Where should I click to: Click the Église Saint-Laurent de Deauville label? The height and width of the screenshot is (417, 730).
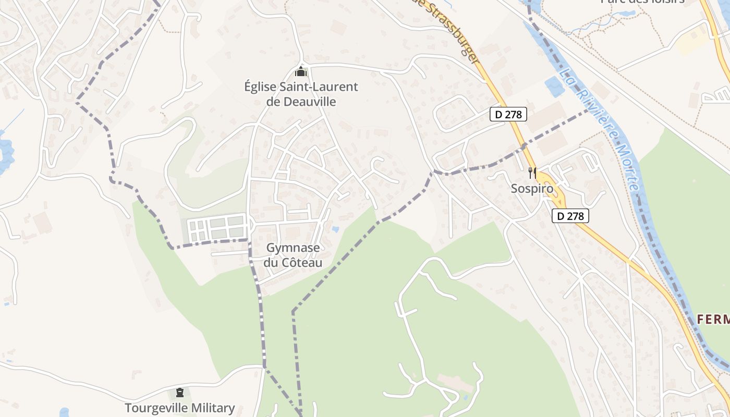pos(301,94)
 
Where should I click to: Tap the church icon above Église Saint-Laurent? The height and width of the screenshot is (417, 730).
pos(300,71)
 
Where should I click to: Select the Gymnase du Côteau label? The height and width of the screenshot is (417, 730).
pos(293,255)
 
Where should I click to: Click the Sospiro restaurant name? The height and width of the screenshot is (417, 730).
pos(531,189)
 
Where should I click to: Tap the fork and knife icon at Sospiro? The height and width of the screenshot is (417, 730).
pos(532,173)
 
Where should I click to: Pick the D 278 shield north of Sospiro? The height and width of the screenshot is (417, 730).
pos(508,114)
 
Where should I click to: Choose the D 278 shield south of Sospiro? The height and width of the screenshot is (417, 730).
pos(570,215)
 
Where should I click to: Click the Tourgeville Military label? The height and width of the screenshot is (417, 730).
pos(179,408)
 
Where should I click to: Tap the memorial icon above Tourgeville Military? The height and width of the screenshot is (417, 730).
pos(180,392)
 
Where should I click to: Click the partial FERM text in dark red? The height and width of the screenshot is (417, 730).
pos(713,319)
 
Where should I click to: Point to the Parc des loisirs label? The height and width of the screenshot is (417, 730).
pos(642,2)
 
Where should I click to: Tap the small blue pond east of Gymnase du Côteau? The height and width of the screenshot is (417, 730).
pos(335,229)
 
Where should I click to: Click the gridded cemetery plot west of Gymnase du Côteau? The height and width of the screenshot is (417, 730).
pos(216,228)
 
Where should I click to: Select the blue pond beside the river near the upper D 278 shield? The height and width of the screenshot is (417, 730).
pos(554,85)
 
